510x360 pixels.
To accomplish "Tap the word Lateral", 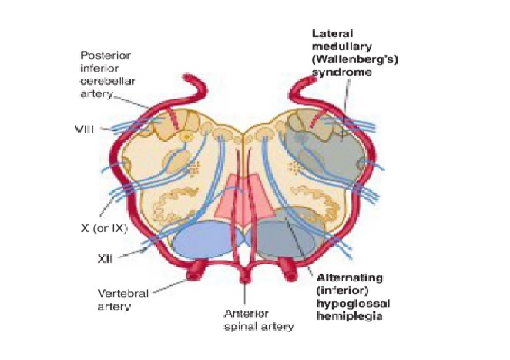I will tap(331, 33).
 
